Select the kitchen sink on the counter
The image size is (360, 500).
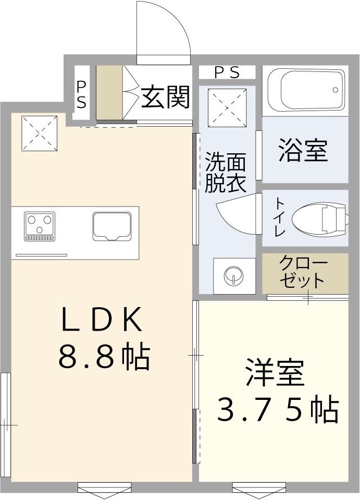tap(111, 226)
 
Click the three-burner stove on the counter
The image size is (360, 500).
tap(40, 226)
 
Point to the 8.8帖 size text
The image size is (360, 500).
tap(104, 357)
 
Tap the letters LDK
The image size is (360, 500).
tap(102, 321)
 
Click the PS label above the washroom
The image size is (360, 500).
tap(227, 72)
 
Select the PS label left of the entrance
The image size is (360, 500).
tap(82, 94)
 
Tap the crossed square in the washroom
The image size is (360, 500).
tap(227, 106)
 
